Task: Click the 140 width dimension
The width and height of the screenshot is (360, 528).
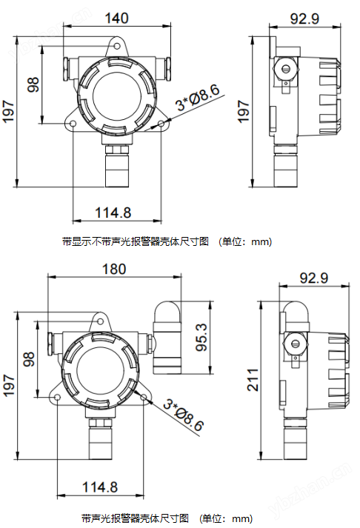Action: [x=116, y=19]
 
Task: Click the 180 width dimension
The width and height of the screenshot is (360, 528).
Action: [x=114, y=270]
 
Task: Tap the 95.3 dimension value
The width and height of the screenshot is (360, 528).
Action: [x=202, y=337]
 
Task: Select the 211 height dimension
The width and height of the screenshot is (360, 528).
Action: [x=253, y=379]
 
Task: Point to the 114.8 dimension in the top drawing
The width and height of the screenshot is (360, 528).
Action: [x=113, y=213]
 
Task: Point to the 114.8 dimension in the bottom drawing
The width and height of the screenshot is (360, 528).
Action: [x=100, y=487]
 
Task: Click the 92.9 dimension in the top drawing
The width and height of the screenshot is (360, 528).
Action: [x=304, y=19]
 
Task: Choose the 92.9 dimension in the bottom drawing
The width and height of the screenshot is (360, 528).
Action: [x=313, y=278]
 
